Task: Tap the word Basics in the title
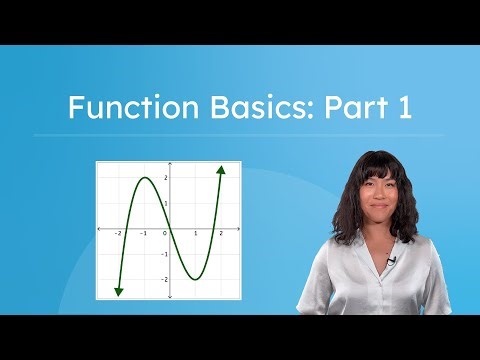pyautogui.click(x=254, y=108)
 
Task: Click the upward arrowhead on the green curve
pyautogui.click(x=220, y=170)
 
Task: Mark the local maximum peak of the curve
pyautogui.click(x=144, y=179)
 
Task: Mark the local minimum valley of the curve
pyautogui.click(x=195, y=279)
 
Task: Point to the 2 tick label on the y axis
pyautogui.click(x=165, y=178)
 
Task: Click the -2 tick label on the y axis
pyautogui.click(x=164, y=280)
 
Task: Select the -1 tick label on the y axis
pyautogui.click(x=164, y=254)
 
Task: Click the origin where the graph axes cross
pyautogui.click(x=170, y=229)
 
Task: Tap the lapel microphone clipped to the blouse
pyautogui.click(x=394, y=261)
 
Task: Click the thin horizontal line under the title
pyautogui.click(x=240, y=135)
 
